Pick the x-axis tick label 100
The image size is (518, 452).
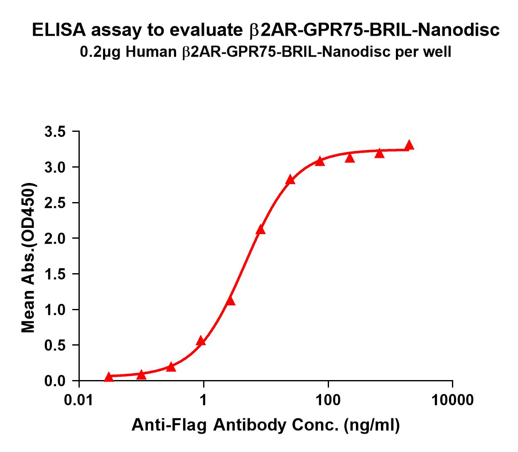tap(328, 400)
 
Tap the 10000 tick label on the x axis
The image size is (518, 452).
tap(452, 400)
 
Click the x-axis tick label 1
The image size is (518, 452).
tap(204, 400)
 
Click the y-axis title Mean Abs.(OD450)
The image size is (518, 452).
tap(29, 258)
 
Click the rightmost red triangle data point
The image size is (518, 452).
tap(409, 145)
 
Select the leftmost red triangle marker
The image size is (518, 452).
tap(109, 377)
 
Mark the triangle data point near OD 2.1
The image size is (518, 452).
tap(260, 230)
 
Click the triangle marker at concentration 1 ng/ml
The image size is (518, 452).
tap(201, 341)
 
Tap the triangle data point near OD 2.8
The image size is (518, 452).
tap(290, 180)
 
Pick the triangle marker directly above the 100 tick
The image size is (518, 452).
tap(320, 161)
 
